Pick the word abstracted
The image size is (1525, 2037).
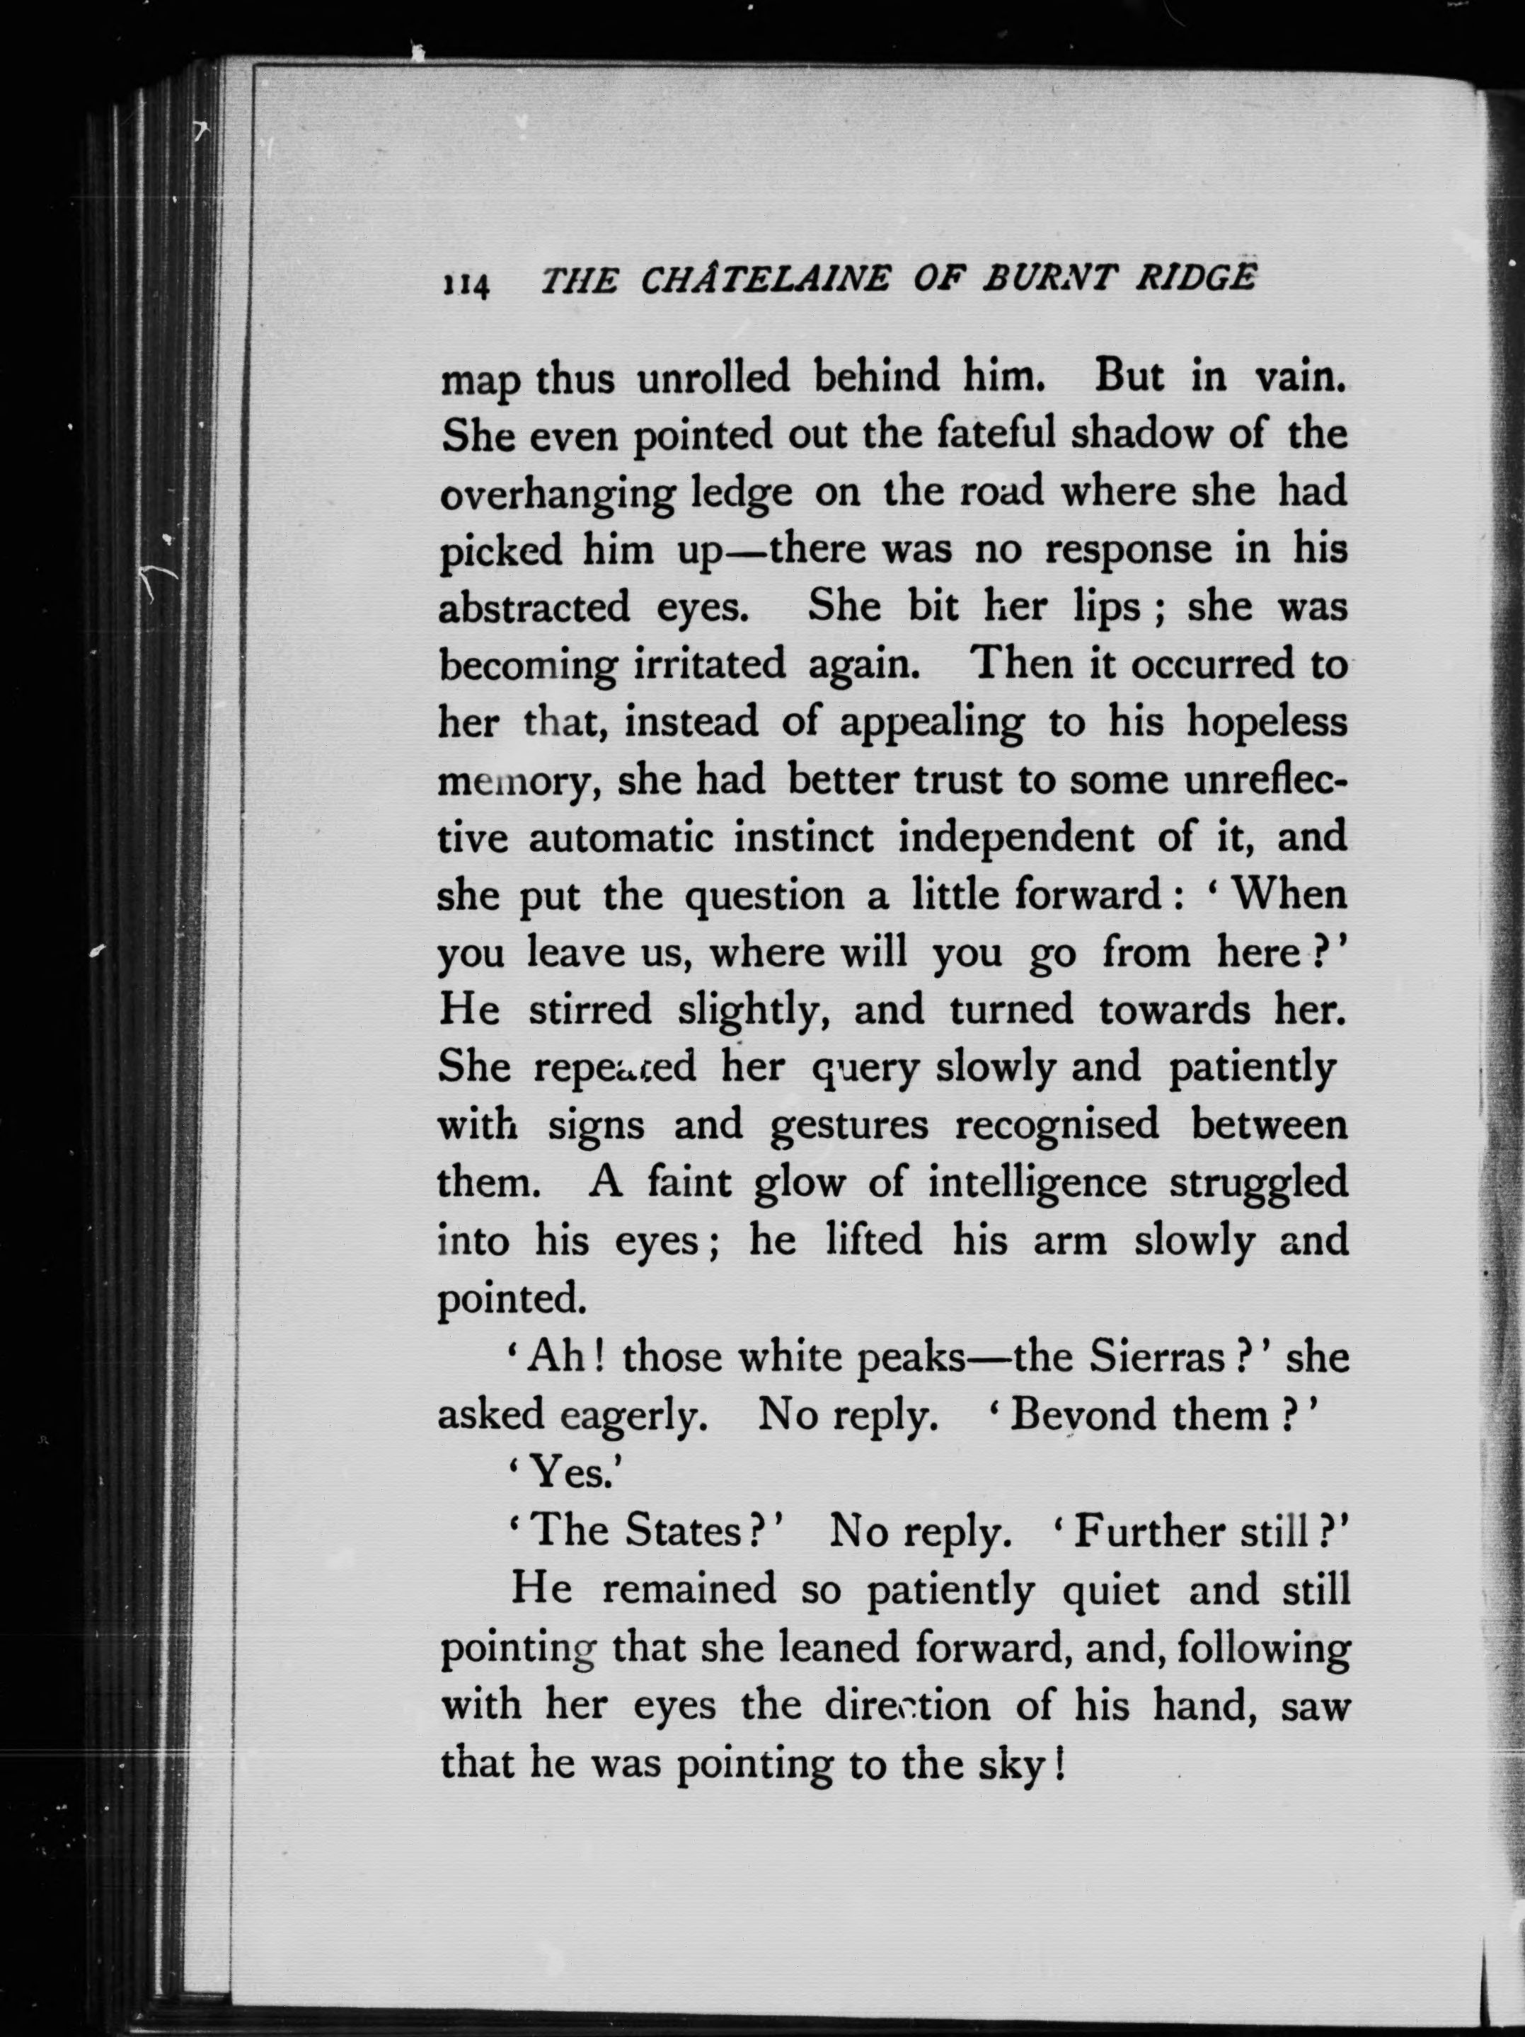tap(534, 608)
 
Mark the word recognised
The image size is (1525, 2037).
tap(1057, 1125)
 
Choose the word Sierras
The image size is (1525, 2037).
tap(1158, 1357)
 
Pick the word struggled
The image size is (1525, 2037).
tap(1258, 1182)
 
